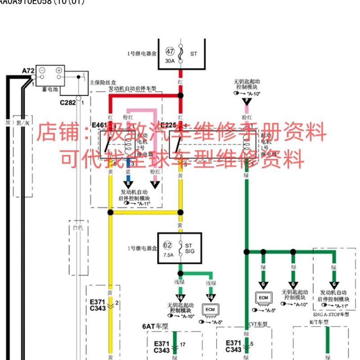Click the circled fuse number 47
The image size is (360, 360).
point(170,52)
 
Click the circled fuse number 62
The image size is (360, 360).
point(168,245)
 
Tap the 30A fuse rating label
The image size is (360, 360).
point(169,60)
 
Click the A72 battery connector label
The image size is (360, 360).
point(28,71)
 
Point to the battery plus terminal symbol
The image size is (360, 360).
point(58,71)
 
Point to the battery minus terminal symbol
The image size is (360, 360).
point(42,71)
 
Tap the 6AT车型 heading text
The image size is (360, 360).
point(155,326)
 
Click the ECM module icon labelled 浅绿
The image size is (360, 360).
point(210,310)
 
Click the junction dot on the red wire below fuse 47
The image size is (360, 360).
point(180,95)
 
